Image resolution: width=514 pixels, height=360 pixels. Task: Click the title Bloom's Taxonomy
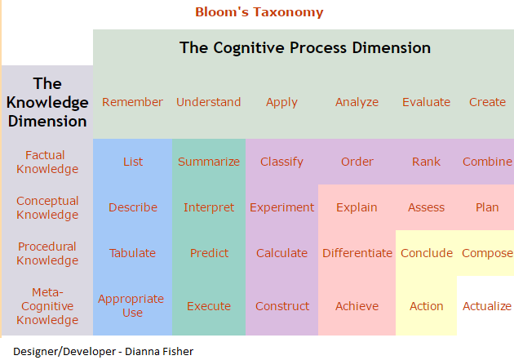[x=259, y=12]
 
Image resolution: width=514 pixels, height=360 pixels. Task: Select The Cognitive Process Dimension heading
[x=304, y=47]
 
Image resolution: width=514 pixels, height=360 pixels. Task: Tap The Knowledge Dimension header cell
[x=47, y=102]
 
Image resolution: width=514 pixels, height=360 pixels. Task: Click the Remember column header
[x=132, y=102]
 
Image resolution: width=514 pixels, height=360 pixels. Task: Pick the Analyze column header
[x=357, y=102]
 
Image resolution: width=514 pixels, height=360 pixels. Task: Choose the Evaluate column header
[x=426, y=102]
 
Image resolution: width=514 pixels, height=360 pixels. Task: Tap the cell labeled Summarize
[x=209, y=162]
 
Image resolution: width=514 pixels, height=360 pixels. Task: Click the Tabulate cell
[x=132, y=253]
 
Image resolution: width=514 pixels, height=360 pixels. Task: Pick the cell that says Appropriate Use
[x=131, y=305]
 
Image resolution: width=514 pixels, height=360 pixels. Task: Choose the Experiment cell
[x=281, y=207]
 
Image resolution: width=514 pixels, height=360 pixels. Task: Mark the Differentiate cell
[x=357, y=253]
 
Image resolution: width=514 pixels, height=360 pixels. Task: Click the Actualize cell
[x=486, y=306]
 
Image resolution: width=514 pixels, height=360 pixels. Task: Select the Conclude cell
[x=426, y=253]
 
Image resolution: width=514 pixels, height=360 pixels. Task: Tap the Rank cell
[x=426, y=162]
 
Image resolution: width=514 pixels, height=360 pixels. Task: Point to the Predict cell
[x=209, y=253]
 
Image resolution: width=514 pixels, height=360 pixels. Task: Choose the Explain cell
[x=357, y=207]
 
